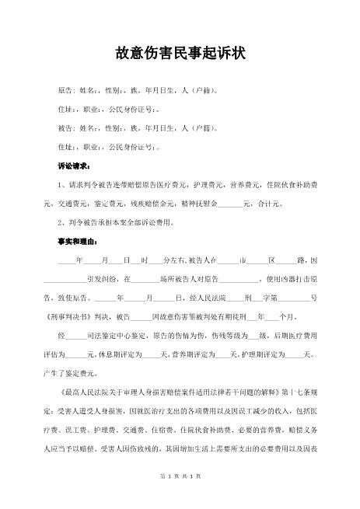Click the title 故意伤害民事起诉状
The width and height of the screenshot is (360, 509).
tap(180, 53)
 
